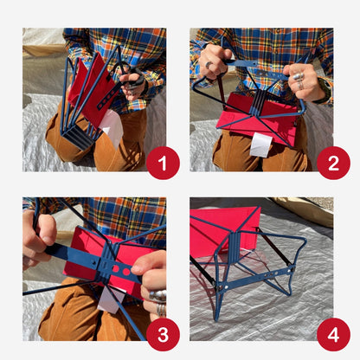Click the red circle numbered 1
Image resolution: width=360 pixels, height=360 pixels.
(x=162, y=162)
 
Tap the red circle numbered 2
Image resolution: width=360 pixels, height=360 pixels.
(x=332, y=162)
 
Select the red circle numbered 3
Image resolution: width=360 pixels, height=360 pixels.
(x=162, y=333)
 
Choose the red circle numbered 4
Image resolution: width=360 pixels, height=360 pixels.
(x=332, y=333)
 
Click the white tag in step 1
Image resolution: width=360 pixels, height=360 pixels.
(x=112, y=128)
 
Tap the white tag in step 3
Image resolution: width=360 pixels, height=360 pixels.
(x=108, y=299)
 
